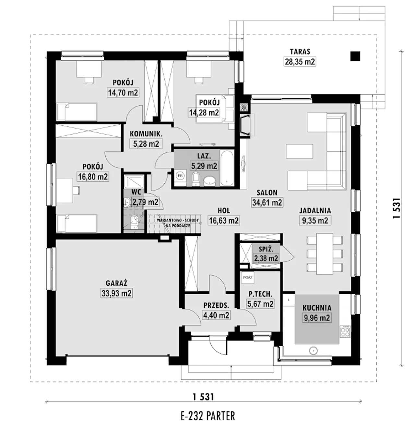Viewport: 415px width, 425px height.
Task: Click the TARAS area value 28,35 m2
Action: point(300,62)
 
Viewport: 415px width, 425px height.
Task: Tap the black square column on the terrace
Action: point(355,56)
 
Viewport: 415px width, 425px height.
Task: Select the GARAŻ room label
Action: point(116,283)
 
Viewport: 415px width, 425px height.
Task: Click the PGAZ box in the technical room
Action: point(248,278)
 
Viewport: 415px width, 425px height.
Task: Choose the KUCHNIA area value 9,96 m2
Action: point(317,318)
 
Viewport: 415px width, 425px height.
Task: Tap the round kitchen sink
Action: point(313,351)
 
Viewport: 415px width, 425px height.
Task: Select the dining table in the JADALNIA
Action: point(325,254)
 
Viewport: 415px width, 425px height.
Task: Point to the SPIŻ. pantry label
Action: point(266,249)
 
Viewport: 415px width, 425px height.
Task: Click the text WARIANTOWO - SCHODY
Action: point(178,220)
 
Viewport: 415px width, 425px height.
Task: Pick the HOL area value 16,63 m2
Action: point(224,220)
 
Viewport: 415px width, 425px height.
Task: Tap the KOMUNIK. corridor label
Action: point(146,134)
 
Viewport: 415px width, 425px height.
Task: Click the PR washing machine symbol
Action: point(180,176)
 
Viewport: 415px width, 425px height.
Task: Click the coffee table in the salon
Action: point(300,151)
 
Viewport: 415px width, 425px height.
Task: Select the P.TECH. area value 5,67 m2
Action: point(260,304)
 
